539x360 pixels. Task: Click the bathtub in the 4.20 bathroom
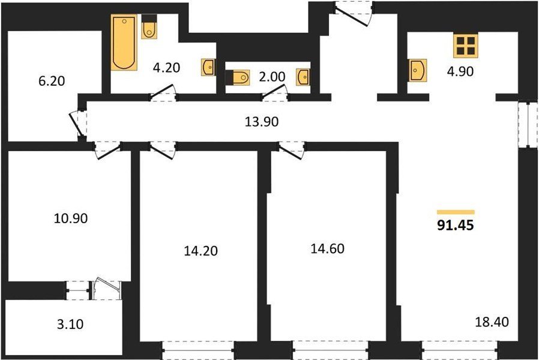[124, 42]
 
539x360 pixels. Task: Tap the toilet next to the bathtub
[149, 27]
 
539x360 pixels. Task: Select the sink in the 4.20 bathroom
[208, 67]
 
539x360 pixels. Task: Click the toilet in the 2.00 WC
[237, 77]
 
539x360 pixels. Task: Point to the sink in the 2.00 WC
[303, 77]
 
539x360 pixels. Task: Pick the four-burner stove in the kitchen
[466, 46]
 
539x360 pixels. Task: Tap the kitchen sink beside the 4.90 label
[418, 70]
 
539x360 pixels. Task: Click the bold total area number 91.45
[456, 226]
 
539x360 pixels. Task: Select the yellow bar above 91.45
[456, 212]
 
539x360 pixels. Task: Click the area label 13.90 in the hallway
[261, 122]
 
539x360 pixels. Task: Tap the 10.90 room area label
[71, 218]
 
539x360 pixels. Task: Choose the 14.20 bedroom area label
[200, 251]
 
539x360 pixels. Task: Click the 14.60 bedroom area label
[327, 248]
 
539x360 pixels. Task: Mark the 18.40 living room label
[492, 322]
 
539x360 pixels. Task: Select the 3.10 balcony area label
[70, 324]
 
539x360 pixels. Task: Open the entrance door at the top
[353, 13]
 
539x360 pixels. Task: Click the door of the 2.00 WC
[275, 93]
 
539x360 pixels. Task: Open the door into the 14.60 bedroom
[292, 151]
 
